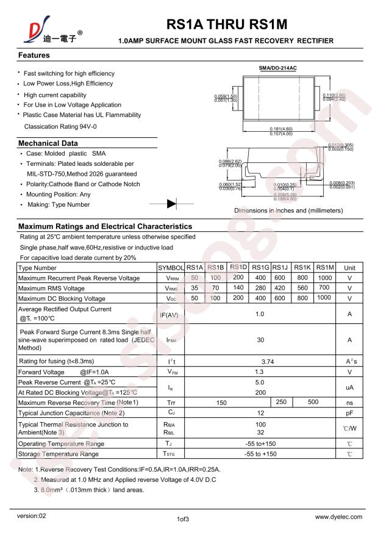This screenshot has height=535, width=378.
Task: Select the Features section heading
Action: (x=34, y=56)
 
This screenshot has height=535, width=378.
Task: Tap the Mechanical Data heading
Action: (x=48, y=143)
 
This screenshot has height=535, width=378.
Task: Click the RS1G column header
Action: (x=260, y=268)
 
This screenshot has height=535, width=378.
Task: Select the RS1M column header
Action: (x=326, y=268)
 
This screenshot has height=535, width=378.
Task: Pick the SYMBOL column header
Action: (x=171, y=268)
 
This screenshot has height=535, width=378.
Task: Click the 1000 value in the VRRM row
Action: (x=324, y=278)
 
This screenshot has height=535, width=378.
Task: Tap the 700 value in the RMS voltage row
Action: (x=324, y=288)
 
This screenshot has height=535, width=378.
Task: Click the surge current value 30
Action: (x=260, y=340)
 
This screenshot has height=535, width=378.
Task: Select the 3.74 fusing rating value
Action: (x=260, y=362)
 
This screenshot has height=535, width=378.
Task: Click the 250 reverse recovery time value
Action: (x=281, y=403)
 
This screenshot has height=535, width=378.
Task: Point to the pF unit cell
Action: (x=350, y=413)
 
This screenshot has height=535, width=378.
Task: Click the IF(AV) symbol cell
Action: (x=169, y=315)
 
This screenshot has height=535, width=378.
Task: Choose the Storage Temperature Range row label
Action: (x=59, y=454)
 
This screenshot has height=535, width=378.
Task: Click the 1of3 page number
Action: (x=183, y=520)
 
